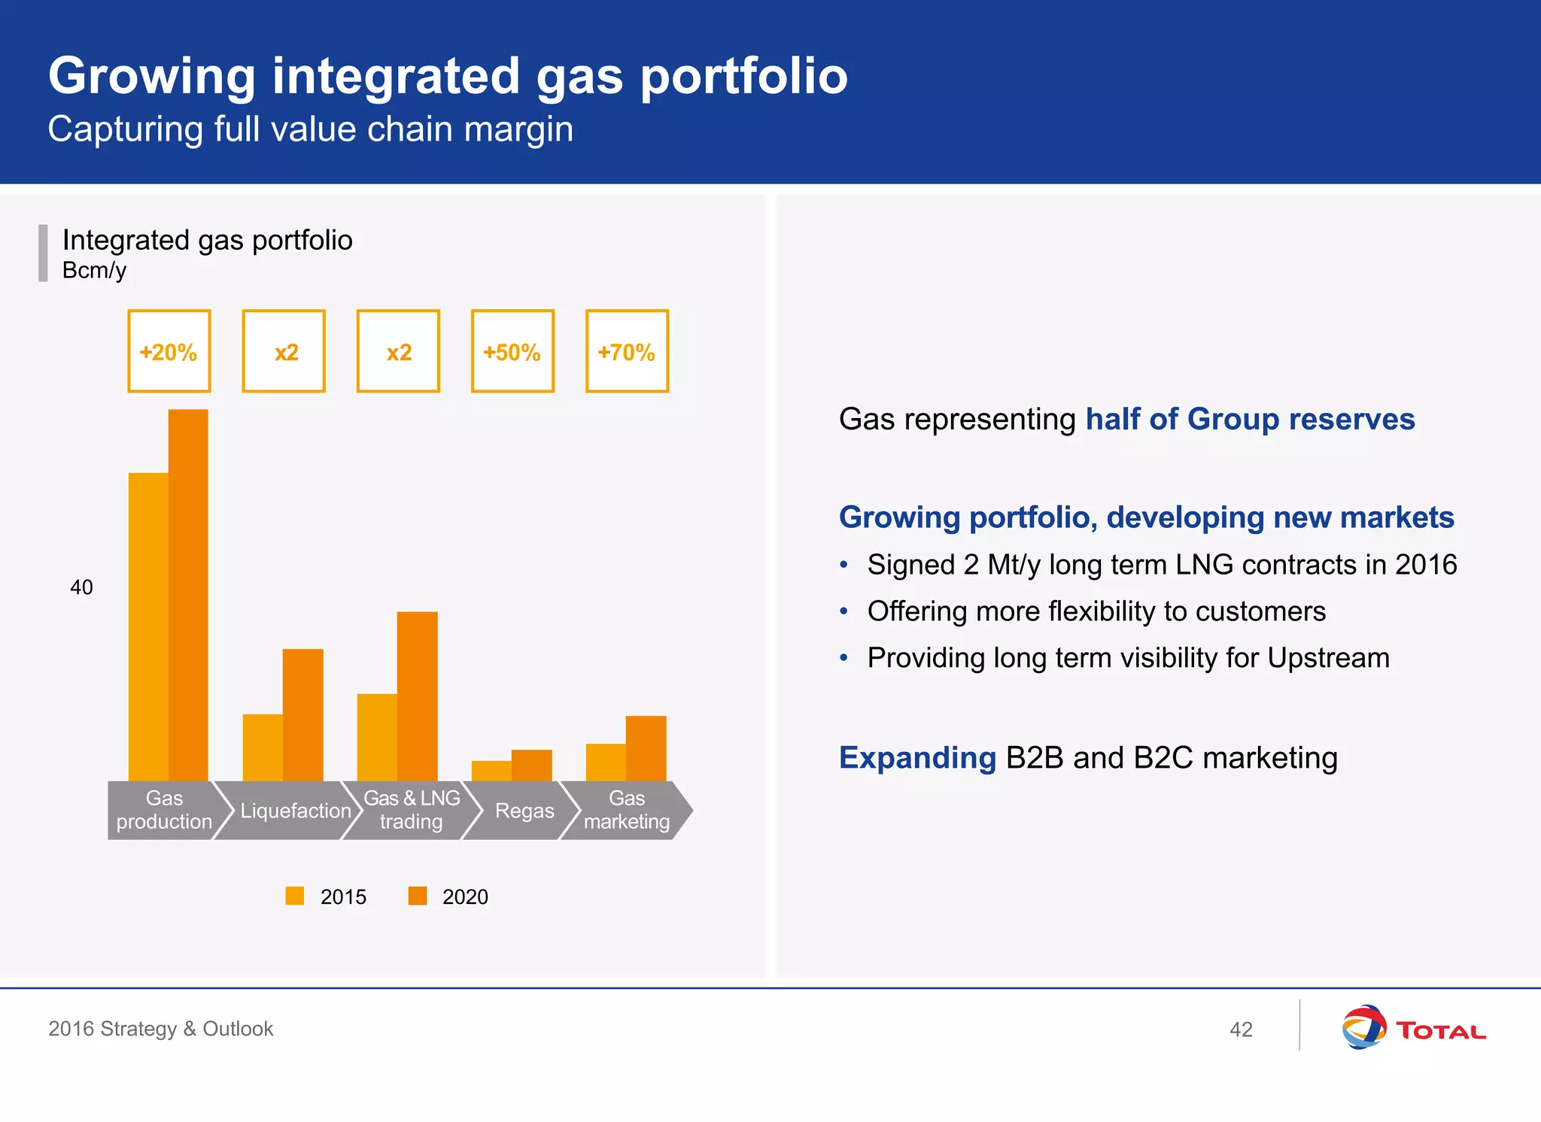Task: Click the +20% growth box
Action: point(169,351)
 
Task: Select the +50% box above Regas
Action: point(512,351)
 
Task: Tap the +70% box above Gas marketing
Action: point(627,351)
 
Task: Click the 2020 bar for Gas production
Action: point(188,594)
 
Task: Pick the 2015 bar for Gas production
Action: point(148,626)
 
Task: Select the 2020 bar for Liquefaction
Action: point(302,714)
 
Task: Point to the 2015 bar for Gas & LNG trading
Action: point(377,737)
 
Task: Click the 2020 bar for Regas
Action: point(531,765)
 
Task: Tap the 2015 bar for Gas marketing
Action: point(606,762)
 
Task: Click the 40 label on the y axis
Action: point(81,587)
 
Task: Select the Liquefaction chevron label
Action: point(295,811)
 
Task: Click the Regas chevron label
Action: point(524,811)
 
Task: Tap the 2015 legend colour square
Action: point(295,896)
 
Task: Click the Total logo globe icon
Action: point(1363,1027)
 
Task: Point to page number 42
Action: point(1241,1029)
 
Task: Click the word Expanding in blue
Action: point(917,757)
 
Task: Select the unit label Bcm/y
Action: point(94,270)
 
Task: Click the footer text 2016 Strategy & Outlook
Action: point(160,1029)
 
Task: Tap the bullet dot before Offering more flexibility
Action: point(844,611)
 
